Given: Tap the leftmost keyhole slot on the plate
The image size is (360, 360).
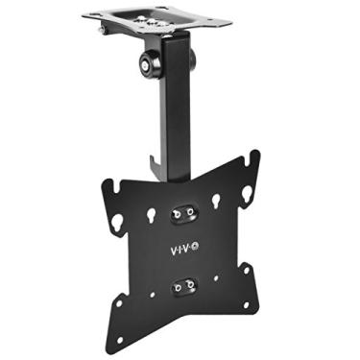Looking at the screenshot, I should coord(116,223).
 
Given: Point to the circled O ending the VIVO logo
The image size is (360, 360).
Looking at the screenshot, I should coord(199,249).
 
